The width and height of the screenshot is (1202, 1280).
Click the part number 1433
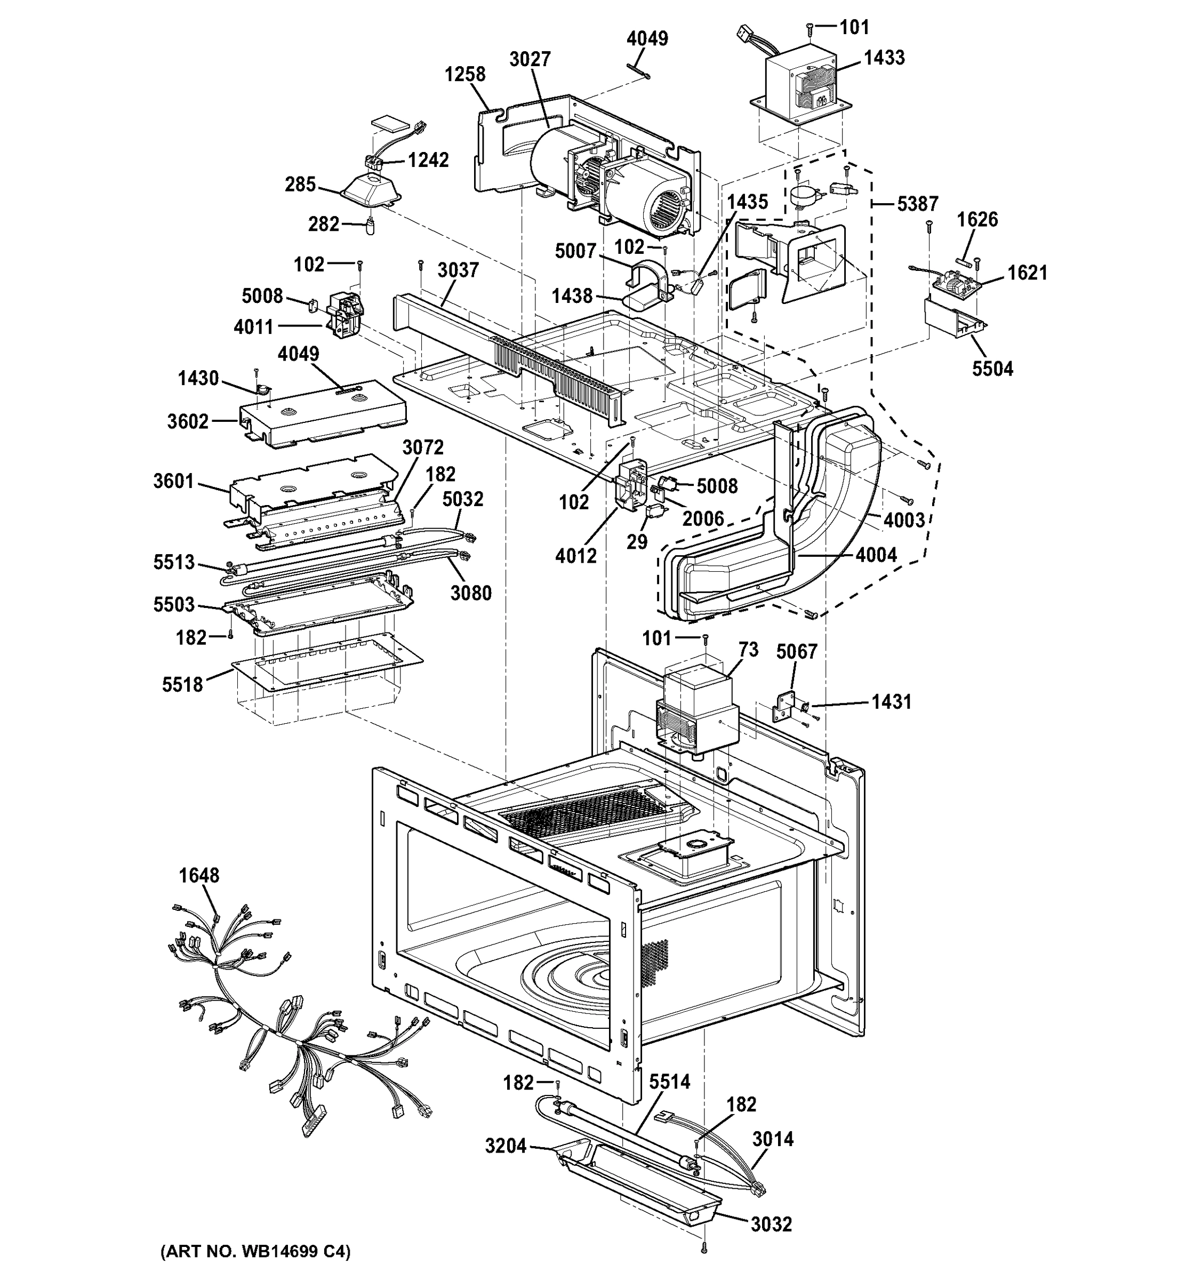tap(884, 58)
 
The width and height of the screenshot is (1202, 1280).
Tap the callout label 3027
tap(530, 59)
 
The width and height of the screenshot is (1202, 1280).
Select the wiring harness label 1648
tap(199, 875)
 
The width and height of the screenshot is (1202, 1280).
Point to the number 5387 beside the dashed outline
tap(917, 204)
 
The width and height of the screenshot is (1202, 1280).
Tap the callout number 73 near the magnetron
tap(748, 649)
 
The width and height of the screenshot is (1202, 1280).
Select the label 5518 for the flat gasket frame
tap(182, 684)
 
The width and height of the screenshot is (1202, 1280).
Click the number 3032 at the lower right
tap(771, 1223)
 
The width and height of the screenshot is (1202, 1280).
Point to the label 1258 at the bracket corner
tap(465, 74)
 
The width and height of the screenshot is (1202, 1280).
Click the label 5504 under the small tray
tap(992, 369)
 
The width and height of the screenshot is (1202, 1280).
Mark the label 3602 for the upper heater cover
tap(188, 422)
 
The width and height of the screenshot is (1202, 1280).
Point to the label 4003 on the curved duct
tap(904, 520)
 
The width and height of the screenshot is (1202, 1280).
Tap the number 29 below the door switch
tap(637, 541)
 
